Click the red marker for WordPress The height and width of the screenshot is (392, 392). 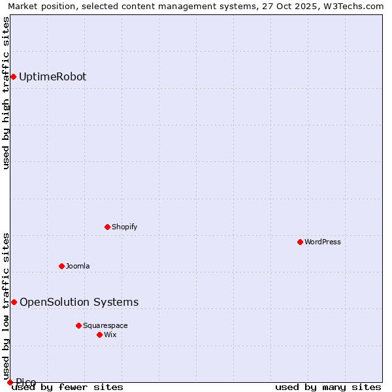coord(300,242)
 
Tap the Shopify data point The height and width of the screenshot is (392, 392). coord(107,227)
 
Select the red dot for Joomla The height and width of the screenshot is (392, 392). coord(61,266)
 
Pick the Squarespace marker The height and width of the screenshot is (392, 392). coord(78,325)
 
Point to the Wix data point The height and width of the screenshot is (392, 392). coord(99,335)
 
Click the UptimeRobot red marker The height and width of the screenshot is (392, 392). coord(13,76)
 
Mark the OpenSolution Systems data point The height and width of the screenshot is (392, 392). coord(14,302)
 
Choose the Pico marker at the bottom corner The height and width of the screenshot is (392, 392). coord(10,382)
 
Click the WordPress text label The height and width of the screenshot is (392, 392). coord(323,242)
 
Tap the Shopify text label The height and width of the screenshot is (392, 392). coord(124,227)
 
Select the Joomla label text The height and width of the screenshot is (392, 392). coord(78,266)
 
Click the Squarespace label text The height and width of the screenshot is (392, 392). coord(105,325)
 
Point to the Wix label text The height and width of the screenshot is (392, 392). coord(110,335)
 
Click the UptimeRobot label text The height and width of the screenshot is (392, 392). coord(52,76)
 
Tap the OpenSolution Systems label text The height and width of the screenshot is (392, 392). coord(79,302)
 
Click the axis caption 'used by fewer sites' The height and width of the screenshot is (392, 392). coord(68,387)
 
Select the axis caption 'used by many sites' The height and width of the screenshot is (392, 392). coord(328,387)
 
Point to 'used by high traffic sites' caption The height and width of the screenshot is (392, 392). coord(7,93)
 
